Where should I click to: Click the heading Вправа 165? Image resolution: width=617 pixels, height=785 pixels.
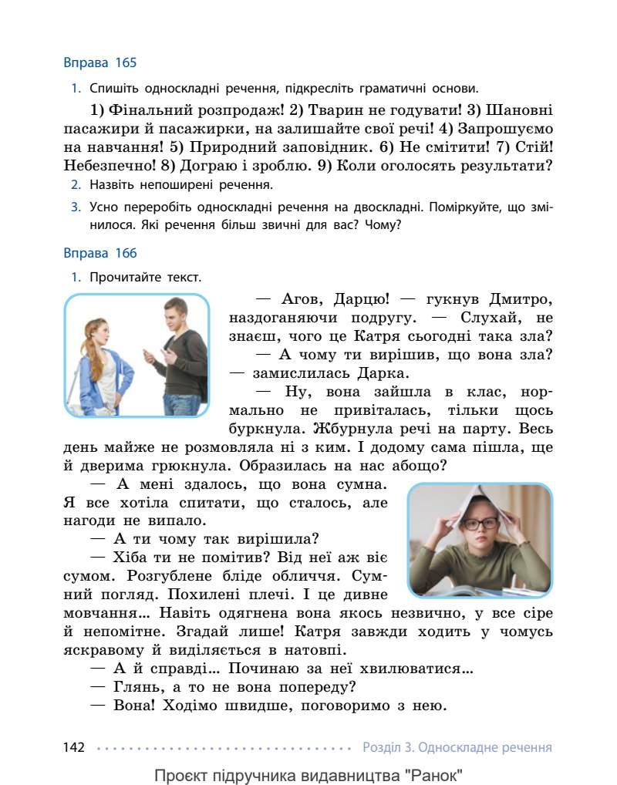click(x=100, y=62)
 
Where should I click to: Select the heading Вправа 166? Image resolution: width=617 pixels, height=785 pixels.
click(x=100, y=253)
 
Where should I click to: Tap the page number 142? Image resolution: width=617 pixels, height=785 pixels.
click(x=73, y=747)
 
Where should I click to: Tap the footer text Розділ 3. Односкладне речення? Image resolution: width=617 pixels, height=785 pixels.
click(x=457, y=747)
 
